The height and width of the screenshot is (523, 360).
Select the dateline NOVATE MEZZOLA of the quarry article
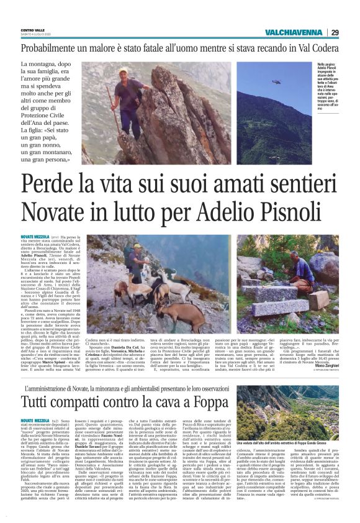(x=35, y=403)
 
